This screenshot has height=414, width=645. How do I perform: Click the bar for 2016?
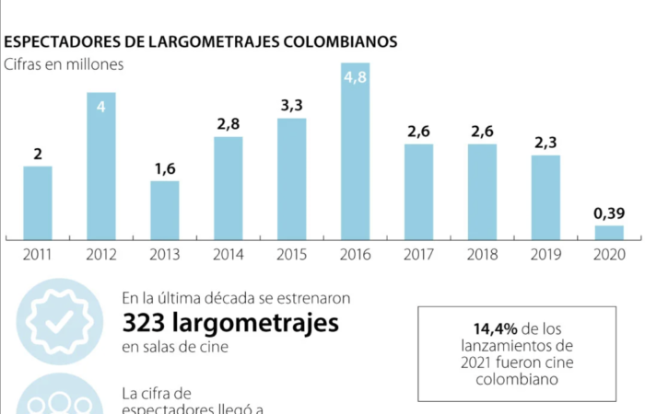point(356,152)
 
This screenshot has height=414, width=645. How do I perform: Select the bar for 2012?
point(101,166)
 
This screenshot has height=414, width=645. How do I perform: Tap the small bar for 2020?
point(609,232)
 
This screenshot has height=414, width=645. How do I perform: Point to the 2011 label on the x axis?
point(38,255)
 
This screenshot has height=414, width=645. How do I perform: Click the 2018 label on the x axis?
point(482,255)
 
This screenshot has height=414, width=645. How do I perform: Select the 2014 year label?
point(228,255)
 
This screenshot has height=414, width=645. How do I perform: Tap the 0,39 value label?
point(609,213)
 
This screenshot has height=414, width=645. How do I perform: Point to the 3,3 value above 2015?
point(291,105)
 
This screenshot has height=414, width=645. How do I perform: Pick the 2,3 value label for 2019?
point(545,143)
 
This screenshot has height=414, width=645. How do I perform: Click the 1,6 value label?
point(165,168)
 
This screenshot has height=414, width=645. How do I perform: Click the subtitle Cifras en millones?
point(64,64)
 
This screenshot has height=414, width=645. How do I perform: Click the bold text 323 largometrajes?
point(229,323)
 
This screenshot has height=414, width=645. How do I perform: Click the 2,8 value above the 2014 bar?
point(228,124)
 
